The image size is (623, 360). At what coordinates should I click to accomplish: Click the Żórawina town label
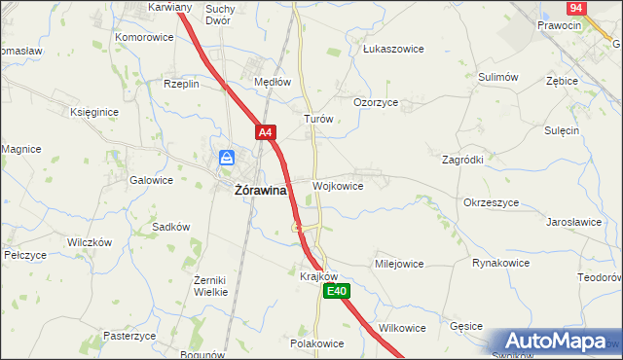coord(260,191)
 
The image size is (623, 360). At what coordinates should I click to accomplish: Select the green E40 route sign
coord(336,291)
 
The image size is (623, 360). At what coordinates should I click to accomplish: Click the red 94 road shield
coord(576,8)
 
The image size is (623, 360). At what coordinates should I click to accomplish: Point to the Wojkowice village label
coord(338,185)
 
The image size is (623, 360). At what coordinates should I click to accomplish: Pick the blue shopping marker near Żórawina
coord(226,158)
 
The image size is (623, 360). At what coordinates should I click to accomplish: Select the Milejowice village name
coord(399,263)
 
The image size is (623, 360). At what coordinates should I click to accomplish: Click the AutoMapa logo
coord(553,342)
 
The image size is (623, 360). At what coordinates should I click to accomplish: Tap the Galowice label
coord(151,180)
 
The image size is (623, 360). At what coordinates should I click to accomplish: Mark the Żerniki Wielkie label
coord(210,285)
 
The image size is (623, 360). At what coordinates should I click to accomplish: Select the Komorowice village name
coord(144,37)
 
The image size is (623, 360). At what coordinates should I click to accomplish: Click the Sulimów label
coord(497,76)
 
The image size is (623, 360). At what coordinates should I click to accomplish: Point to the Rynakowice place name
coord(500,263)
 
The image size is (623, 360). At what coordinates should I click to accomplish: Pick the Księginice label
coord(94,112)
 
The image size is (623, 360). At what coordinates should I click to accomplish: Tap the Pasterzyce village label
coord(129,336)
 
